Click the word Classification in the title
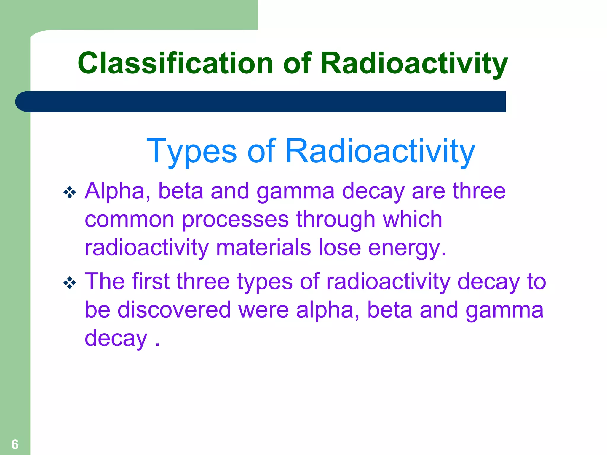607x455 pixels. (x=175, y=63)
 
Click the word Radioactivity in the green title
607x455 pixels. (x=414, y=63)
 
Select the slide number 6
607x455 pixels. (x=15, y=444)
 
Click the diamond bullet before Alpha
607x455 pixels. (x=70, y=193)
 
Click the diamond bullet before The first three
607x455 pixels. (x=70, y=283)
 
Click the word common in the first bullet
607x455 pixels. (x=130, y=220)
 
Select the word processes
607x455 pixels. (x=235, y=220)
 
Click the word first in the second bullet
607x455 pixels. (x=151, y=281)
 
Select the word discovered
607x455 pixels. (x=174, y=310)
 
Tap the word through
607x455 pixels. (x=336, y=220)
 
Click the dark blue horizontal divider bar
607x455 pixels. (x=261, y=102)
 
